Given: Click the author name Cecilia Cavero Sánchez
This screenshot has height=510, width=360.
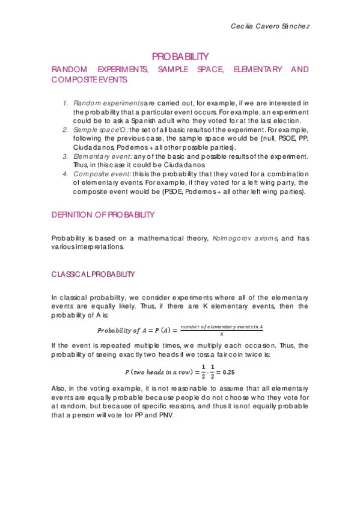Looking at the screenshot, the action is coord(270,26).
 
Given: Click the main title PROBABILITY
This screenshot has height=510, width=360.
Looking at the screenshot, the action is coord(180,57).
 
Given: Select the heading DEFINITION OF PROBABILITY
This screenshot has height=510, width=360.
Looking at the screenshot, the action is coord(103,215).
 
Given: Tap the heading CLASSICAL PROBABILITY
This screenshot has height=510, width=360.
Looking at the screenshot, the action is coord(93,274).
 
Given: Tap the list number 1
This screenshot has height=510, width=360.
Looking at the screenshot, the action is coord(66,103).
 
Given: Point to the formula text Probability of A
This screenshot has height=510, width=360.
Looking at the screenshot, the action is coord(121,330).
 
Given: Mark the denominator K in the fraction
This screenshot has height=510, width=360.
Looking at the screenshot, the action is coord(222,334).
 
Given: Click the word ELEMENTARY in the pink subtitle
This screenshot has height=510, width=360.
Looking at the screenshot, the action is coord(257,70).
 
